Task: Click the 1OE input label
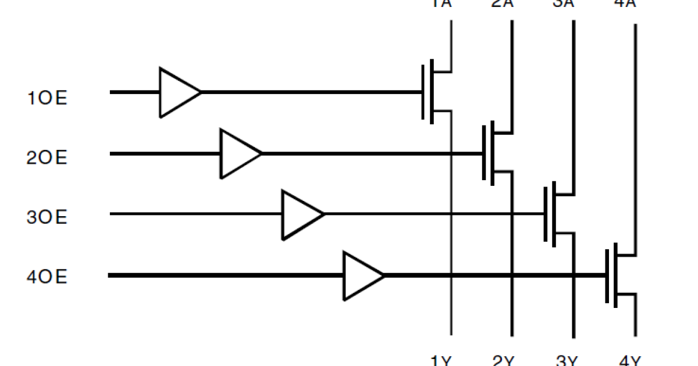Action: pyautogui.click(x=47, y=98)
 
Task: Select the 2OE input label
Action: pyautogui.click(x=47, y=157)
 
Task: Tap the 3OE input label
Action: pyautogui.click(x=47, y=218)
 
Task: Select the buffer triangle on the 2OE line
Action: pyautogui.click(x=239, y=153)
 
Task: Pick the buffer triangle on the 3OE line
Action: pyautogui.click(x=301, y=214)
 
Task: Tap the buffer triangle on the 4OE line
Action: pyautogui.click(x=362, y=275)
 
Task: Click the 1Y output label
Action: pyautogui.click(x=441, y=360)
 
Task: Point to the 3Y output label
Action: pyautogui.click(x=565, y=360)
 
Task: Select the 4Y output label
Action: pyautogui.click(x=629, y=360)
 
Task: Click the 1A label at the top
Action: pyautogui.click(x=440, y=3)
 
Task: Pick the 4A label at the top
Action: pyautogui.click(x=629, y=3)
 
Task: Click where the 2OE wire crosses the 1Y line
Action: pyautogui.click(x=451, y=153)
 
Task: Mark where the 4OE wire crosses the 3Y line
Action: pyautogui.click(x=574, y=275)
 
